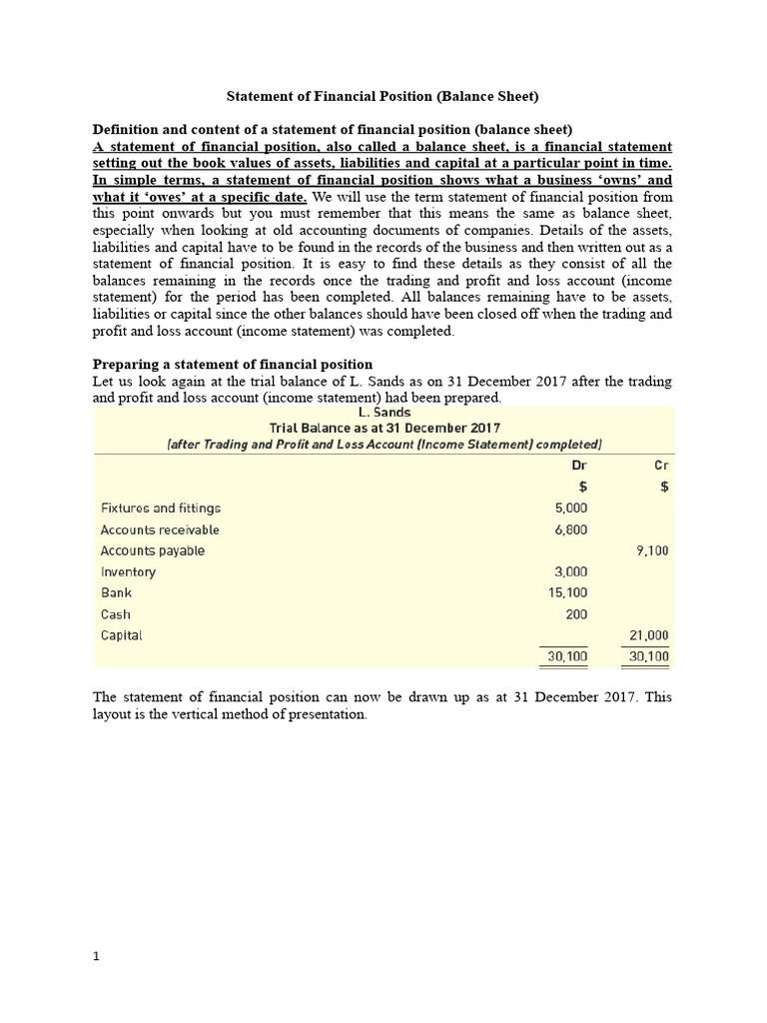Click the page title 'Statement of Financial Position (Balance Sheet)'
pos(383,97)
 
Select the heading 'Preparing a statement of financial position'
pos(233,364)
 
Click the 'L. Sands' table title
pos(383,412)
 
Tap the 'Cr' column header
pos(660,465)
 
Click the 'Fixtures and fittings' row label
pos(161,508)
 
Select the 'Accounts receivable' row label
pos(160,529)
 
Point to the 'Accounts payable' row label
pos(153,550)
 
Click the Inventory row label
pos(129,572)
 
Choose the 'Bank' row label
pos(117,592)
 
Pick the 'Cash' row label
pos(116,614)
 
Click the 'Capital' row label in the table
pos(122,634)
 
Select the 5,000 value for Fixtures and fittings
pos(570,508)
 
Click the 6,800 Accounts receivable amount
pos(570,529)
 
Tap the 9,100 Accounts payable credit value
pos(652,550)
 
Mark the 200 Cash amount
pos(576,614)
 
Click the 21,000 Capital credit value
pos(648,634)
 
